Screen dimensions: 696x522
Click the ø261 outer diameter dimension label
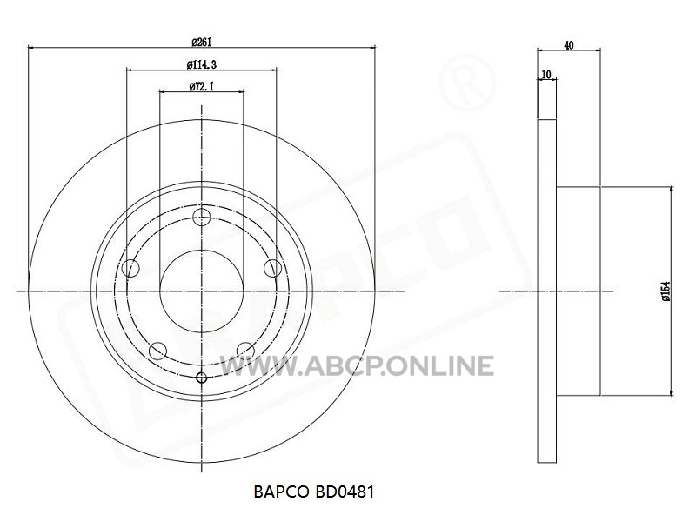pos(202,43)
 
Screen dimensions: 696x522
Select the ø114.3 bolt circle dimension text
pos(202,64)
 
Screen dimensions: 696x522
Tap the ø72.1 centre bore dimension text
pos(202,86)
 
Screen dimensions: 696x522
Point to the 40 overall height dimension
pos(569,45)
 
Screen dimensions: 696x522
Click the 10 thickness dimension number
pos(546,74)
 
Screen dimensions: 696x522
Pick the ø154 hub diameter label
pos(666,291)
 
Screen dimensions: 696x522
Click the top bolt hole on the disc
pos(202,217)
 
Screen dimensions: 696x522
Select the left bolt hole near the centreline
pos(130,269)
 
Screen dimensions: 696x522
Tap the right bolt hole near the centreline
pos(272,269)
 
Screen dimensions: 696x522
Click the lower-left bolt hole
pos(157,351)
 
